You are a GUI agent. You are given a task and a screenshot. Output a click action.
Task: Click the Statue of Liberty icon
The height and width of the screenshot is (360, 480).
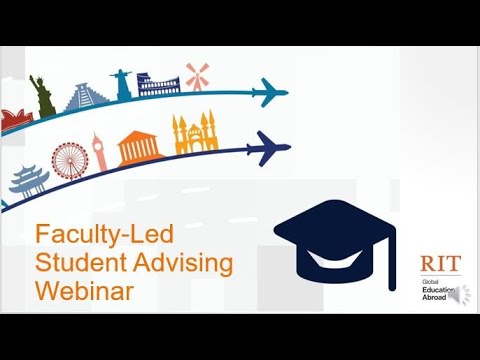[42, 93]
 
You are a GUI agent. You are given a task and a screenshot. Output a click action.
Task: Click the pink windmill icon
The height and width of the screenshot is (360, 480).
[197, 75]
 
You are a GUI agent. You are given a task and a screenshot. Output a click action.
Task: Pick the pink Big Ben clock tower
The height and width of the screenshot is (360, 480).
[100, 152]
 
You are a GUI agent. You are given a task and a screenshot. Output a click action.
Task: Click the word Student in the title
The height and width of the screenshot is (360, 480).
[76, 263]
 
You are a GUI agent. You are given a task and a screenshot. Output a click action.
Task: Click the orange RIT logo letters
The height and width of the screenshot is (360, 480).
[438, 265]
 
